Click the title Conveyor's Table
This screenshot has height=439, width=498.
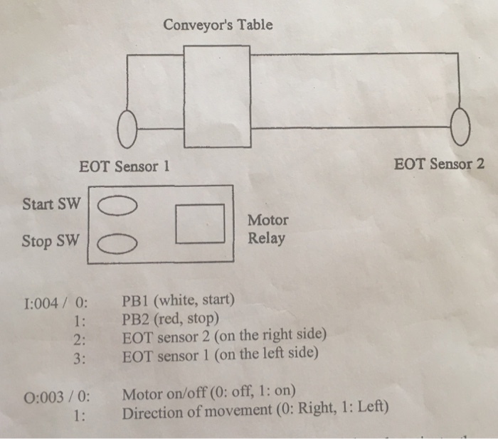pyautogui.click(x=218, y=26)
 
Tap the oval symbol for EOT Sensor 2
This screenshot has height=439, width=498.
pyautogui.click(x=462, y=128)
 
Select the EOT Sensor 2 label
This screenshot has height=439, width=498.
pyautogui.click(x=440, y=164)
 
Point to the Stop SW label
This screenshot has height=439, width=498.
pyautogui.click(x=47, y=240)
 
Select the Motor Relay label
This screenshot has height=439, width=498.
pyautogui.click(x=267, y=229)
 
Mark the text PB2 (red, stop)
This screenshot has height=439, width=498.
pyautogui.click(x=171, y=317)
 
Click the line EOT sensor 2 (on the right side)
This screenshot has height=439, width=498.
pyautogui.click(x=224, y=334)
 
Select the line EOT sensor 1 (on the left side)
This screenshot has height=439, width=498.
pyautogui.click(x=221, y=352)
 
